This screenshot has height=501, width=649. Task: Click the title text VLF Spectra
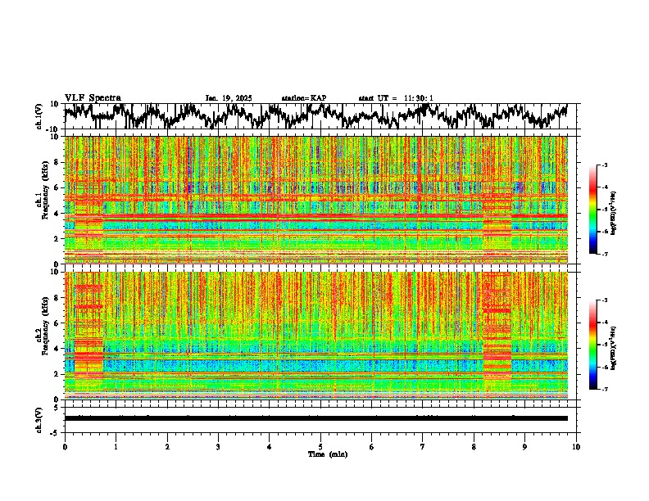tap(93, 98)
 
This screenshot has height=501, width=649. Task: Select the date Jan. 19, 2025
tap(229, 98)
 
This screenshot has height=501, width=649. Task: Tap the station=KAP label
tap(304, 98)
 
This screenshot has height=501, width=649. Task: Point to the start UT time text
tap(396, 98)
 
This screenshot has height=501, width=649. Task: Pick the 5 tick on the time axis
tap(320, 447)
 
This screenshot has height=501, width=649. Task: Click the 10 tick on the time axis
tap(576, 447)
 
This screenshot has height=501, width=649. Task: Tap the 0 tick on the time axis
tap(65, 447)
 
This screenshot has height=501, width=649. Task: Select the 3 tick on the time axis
tap(218, 447)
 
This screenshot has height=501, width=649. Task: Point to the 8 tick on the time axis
tap(474, 447)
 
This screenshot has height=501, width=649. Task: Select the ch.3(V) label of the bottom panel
tap(39, 418)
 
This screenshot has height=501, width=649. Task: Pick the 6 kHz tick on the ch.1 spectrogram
tap(56, 187)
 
